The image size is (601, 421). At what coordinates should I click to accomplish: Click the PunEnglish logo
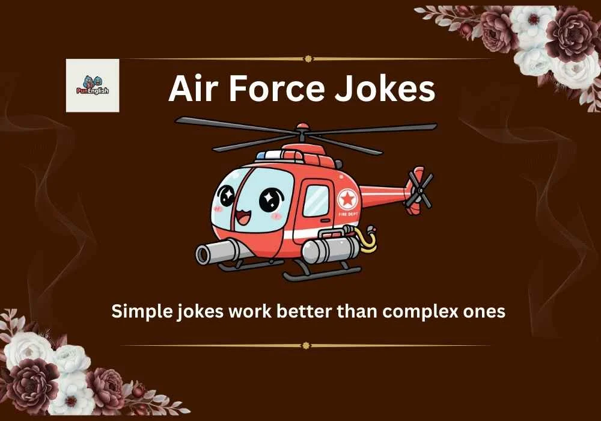(x=92, y=85)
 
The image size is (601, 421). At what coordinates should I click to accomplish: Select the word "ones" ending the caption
(x=481, y=312)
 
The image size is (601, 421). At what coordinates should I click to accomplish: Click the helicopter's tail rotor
(x=419, y=189)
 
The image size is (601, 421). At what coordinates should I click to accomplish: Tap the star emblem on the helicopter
(x=347, y=198)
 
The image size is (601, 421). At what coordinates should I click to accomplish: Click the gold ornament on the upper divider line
(x=308, y=59)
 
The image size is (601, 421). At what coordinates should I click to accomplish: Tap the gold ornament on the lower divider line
(x=306, y=345)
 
